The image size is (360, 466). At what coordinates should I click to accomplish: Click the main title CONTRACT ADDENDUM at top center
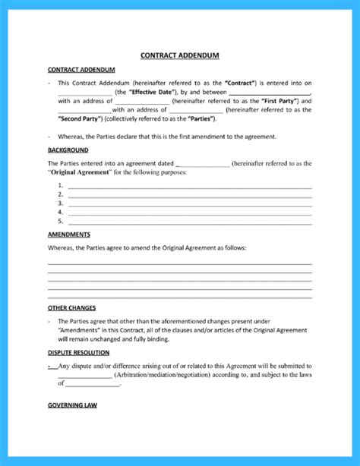click(x=179, y=55)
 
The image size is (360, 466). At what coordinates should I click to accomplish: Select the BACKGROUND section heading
click(x=68, y=150)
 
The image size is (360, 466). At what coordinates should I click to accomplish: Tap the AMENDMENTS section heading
click(x=69, y=235)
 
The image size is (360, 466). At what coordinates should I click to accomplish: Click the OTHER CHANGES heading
click(x=71, y=308)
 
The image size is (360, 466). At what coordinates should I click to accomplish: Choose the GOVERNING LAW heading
click(x=72, y=405)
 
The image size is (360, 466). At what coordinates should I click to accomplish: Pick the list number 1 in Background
click(x=60, y=187)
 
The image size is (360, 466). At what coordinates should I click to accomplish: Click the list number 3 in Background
click(x=60, y=204)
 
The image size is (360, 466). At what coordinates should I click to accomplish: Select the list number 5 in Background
click(x=60, y=222)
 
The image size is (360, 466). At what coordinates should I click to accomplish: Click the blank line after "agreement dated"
click(x=201, y=164)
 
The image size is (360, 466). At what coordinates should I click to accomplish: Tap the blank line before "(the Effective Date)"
click(x=84, y=92)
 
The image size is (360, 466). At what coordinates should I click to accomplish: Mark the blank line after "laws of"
click(x=93, y=385)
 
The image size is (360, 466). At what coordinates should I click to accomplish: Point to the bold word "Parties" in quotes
click(x=202, y=118)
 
